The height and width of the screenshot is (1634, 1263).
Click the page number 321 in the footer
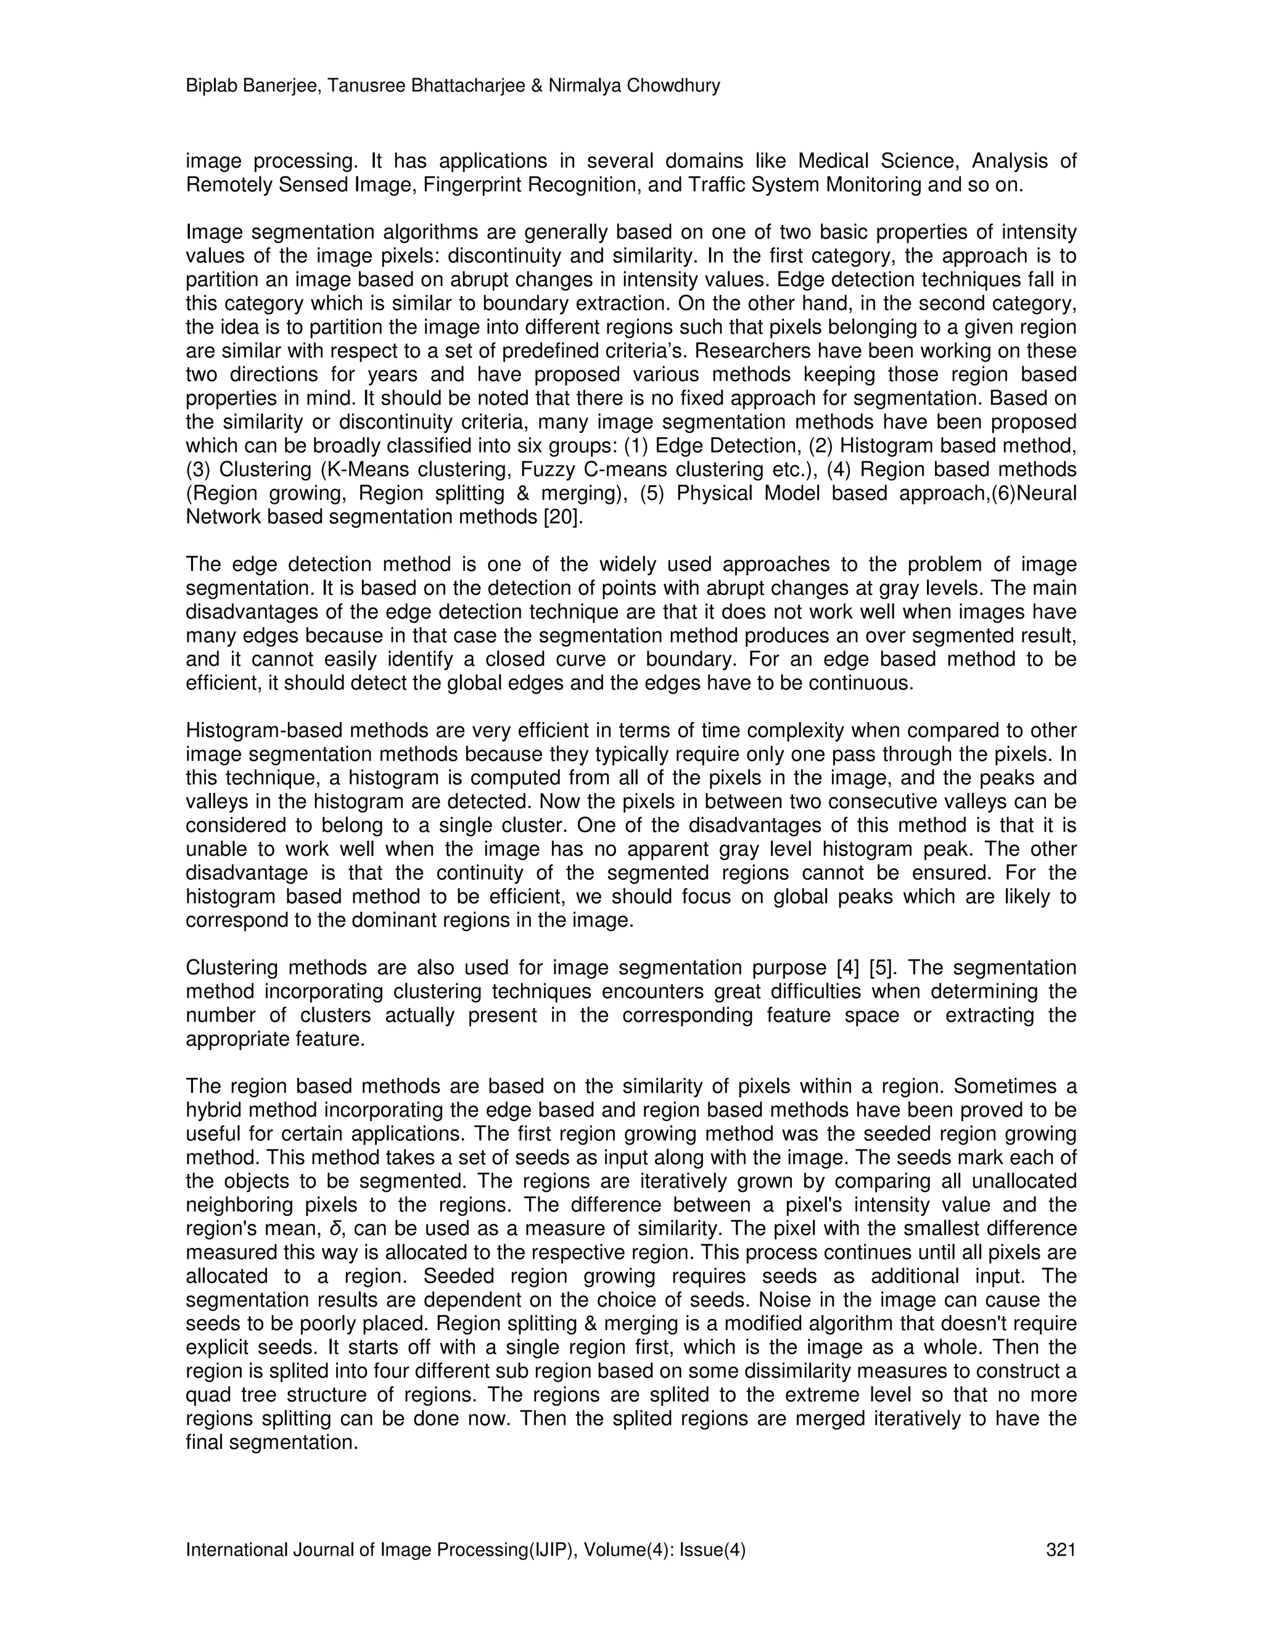point(1061,1550)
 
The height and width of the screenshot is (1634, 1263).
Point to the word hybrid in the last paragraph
point(212,1109)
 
